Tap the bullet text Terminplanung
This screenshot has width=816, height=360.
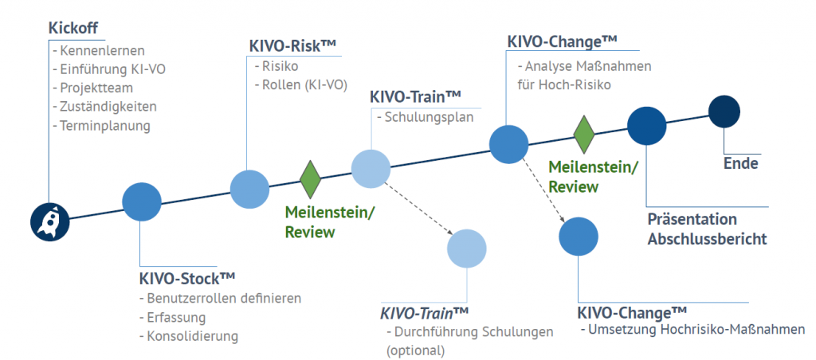[104, 125]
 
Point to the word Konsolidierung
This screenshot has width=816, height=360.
[192, 335]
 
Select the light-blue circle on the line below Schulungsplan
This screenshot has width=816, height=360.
[371, 168]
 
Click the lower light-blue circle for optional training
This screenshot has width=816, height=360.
[467, 247]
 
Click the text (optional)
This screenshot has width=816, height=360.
[415, 350]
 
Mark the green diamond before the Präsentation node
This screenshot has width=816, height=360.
[584, 134]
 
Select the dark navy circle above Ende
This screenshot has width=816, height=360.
[724, 111]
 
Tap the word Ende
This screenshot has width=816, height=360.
[740, 164]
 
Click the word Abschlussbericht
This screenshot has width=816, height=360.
[707, 238]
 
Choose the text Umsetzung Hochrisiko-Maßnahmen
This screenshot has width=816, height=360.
[696, 330]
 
